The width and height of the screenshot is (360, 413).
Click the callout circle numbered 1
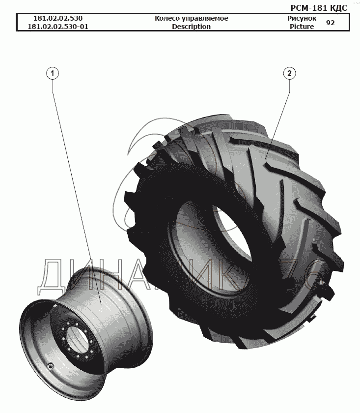point(53,73)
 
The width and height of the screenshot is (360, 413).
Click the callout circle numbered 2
point(289,73)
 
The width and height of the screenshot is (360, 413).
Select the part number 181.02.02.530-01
point(58,27)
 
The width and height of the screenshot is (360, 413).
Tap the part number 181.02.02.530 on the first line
point(58,18)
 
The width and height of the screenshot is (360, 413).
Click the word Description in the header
point(192,27)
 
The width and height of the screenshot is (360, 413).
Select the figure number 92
point(330,23)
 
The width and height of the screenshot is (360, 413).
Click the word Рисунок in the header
point(302,18)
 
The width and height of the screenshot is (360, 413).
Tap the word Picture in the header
point(302,27)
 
